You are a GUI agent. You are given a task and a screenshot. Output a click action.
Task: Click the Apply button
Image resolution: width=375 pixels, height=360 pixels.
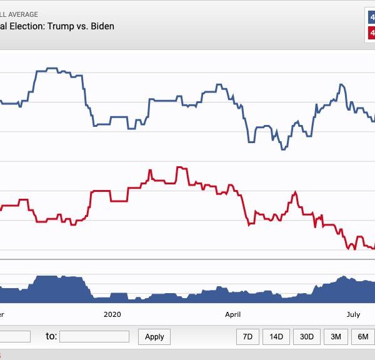[154, 336]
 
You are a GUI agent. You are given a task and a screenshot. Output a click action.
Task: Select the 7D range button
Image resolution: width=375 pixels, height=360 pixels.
[247, 336]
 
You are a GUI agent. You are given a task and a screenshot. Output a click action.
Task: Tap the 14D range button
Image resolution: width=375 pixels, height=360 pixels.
[276, 336]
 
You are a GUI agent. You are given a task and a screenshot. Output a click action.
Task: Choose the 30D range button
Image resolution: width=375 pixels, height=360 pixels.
[306, 336]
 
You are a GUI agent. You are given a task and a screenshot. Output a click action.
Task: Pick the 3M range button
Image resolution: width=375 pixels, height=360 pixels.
[336, 336]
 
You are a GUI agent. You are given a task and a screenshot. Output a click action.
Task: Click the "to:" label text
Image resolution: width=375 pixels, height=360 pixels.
[51, 336]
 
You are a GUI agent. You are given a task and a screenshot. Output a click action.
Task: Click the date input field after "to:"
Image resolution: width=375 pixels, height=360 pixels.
[94, 336]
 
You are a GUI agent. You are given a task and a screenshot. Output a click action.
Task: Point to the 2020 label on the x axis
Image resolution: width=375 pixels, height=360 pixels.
[112, 314]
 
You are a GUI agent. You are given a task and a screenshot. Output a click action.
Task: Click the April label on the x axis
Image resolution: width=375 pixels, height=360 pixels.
[232, 314]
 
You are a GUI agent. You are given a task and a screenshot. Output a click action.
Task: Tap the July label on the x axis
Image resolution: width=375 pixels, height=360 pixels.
[354, 314]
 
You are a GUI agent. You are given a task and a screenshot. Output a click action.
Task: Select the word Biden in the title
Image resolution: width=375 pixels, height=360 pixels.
[101, 26]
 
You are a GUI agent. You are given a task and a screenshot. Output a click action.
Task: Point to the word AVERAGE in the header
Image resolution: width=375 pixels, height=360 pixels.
[20, 14]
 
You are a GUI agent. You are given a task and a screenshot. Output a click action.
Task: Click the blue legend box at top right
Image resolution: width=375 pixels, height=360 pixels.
[369, 16]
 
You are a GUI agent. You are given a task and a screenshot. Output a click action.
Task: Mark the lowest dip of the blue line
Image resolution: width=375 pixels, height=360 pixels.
[283, 149]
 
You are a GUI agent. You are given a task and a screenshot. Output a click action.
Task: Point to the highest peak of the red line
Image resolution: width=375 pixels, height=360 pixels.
[181, 167]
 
